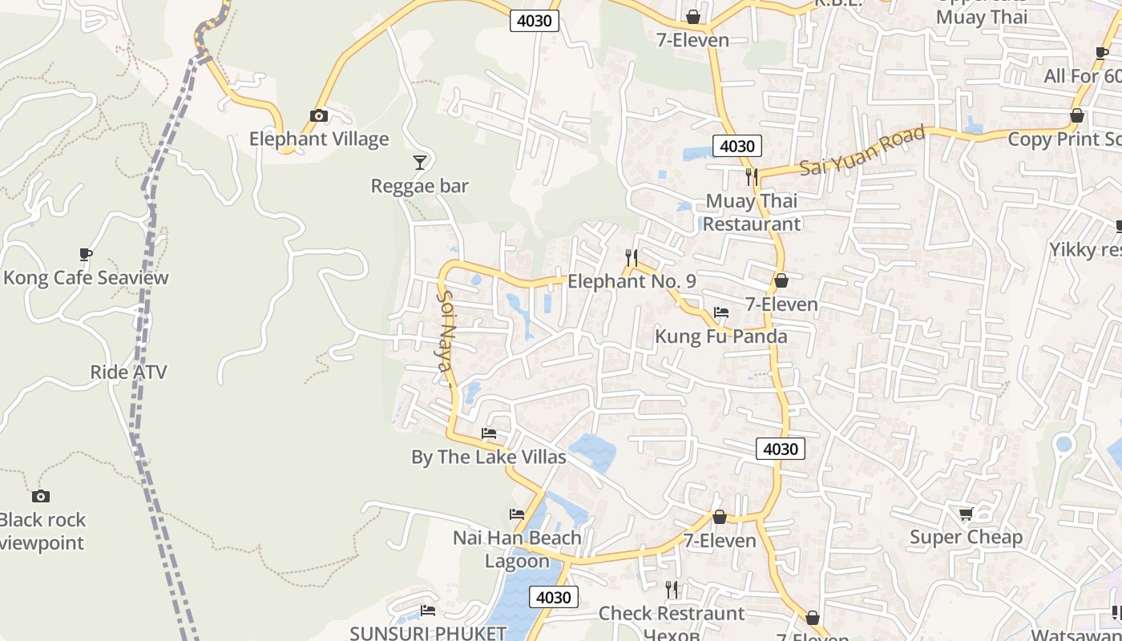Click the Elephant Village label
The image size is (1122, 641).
tap(319, 139)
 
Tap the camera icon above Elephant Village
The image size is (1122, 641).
tap(319, 115)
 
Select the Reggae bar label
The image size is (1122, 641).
tap(419, 186)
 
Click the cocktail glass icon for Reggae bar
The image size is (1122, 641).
tap(419, 163)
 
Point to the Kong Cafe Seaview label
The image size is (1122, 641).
tap(87, 278)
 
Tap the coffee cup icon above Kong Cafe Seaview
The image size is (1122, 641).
tap(86, 255)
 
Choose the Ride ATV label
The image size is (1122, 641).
tap(128, 372)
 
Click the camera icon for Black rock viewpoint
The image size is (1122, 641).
tap(41, 496)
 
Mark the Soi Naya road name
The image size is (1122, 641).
tap(445, 330)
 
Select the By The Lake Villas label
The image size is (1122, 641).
tap(489, 458)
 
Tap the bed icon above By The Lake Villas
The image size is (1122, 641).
tap(489, 434)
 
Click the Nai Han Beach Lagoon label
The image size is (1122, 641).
tap(517, 549)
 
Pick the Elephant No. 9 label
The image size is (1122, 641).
tap(632, 281)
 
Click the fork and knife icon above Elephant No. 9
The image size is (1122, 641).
tap(632, 258)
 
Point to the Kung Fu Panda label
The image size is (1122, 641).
tap(721, 337)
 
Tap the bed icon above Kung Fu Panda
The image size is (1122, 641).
tap(721, 312)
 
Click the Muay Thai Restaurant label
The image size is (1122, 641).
tap(752, 212)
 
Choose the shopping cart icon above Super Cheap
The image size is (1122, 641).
tap(966, 514)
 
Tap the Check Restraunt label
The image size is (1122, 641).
tap(672, 614)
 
